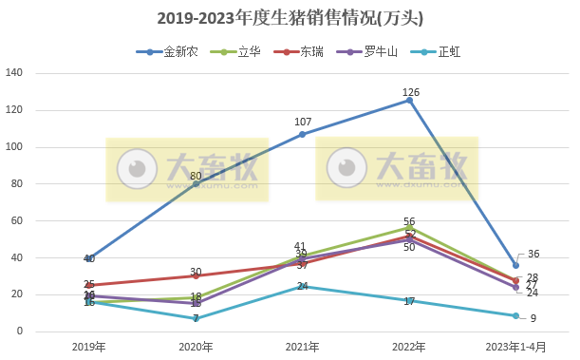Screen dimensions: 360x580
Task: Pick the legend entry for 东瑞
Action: coord(309,52)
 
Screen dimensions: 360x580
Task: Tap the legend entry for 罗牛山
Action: coord(381,52)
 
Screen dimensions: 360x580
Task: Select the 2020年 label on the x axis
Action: coord(196,346)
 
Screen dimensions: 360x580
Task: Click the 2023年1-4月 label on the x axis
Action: coord(515,346)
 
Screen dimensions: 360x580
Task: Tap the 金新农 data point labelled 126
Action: coord(409,100)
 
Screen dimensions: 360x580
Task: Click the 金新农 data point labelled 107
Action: coord(303,134)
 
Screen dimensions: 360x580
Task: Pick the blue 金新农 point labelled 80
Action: coord(196,184)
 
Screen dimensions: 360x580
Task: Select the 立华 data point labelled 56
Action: coord(409,228)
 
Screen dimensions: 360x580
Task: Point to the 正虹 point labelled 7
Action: coord(196,318)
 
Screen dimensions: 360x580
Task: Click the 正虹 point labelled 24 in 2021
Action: coord(303,287)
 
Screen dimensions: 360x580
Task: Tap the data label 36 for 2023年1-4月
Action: coord(533,254)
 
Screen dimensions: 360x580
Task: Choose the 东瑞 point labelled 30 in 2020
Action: coord(196,276)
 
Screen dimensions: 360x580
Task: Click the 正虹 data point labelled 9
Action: coord(515,315)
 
